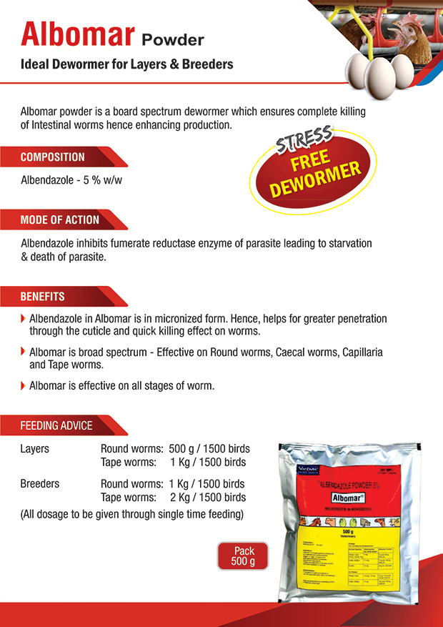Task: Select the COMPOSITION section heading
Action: tap(53, 157)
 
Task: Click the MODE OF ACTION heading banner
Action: tap(60, 219)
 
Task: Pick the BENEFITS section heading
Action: tap(43, 297)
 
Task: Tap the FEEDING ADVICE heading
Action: tap(56, 425)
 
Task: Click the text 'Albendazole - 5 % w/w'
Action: tap(71, 180)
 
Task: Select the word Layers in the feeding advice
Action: tap(35, 449)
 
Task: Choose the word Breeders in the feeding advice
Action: tap(40, 484)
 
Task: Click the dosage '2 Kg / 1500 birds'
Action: tap(207, 498)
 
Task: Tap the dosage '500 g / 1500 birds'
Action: tap(209, 449)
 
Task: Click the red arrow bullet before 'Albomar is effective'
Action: tap(24, 385)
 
